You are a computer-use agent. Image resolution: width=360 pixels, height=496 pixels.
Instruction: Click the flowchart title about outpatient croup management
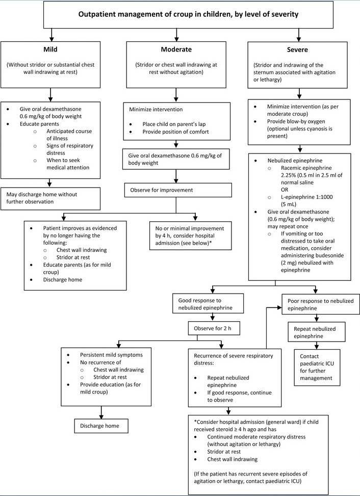188,14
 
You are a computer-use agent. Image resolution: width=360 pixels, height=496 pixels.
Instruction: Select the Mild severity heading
50,49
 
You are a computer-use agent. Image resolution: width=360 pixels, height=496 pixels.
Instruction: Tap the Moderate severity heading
176,49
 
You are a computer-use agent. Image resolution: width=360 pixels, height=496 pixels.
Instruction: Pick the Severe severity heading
297,49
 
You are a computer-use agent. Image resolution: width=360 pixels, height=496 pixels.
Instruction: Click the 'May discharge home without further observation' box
50,198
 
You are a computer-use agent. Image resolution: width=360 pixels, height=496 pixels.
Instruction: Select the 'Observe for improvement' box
178,190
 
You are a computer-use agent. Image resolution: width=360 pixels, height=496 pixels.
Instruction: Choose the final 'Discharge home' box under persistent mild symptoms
101,426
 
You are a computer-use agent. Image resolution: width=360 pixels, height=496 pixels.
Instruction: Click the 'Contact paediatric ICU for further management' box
317,367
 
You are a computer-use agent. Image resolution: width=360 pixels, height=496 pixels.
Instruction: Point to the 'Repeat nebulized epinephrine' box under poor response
316,332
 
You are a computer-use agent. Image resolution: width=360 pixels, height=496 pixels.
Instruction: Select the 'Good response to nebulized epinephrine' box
208,304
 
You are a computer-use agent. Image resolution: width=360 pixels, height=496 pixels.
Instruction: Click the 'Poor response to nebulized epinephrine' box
321,304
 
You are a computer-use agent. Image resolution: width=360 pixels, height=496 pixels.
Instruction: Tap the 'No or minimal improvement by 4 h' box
190,236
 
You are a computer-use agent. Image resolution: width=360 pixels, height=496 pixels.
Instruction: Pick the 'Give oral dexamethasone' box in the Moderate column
176,159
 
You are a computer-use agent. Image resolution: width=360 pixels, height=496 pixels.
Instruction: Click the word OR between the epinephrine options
285,190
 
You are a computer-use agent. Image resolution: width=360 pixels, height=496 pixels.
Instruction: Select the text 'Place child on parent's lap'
174,124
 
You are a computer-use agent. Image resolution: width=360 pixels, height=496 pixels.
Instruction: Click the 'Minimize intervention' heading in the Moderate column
156,110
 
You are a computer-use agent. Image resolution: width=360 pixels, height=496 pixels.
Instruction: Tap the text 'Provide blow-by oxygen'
296,121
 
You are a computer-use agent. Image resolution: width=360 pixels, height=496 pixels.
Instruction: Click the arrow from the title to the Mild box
51,35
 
